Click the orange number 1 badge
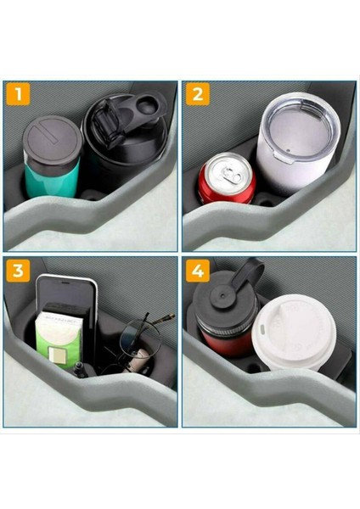(18, 94)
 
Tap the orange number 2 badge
(198, 94)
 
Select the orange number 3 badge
(18, 270)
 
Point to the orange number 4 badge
(198, 270)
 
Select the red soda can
(227, 178)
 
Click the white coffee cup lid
(294, 331)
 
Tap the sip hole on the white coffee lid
(262, 329)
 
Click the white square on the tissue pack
(56, 354)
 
